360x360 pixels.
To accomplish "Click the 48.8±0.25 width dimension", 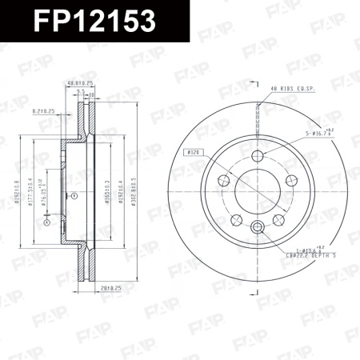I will coord(82,82).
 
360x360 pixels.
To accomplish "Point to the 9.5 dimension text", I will coord(80,93).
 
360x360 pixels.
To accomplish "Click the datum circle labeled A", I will coord(46,224).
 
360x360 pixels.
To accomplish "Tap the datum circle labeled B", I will coord(74,195).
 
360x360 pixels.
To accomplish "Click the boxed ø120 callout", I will coord(194,151).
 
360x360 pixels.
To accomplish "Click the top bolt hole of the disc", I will coord(258,156).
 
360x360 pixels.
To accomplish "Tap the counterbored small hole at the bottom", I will coord(258,230).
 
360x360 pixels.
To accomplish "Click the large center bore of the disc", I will coord(258,193).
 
